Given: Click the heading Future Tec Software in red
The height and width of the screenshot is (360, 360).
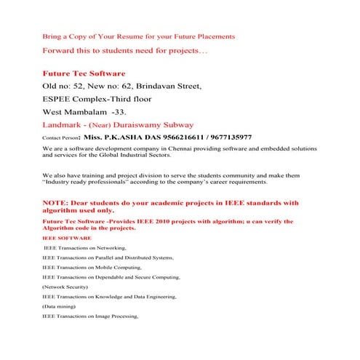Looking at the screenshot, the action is (x=84, y=73).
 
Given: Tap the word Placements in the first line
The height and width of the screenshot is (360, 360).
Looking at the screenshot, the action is (x=212, y=36).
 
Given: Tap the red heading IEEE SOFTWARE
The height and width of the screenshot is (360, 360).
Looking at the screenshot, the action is (x=67, y=238).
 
